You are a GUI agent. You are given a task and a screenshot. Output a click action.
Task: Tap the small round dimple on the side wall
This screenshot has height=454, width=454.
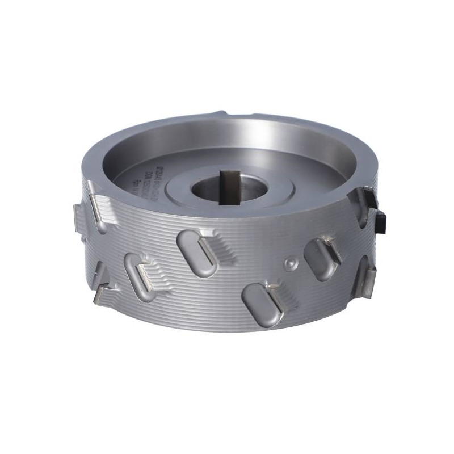[290, 263]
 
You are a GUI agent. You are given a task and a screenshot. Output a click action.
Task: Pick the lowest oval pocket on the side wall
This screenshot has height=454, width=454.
[262, 304]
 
